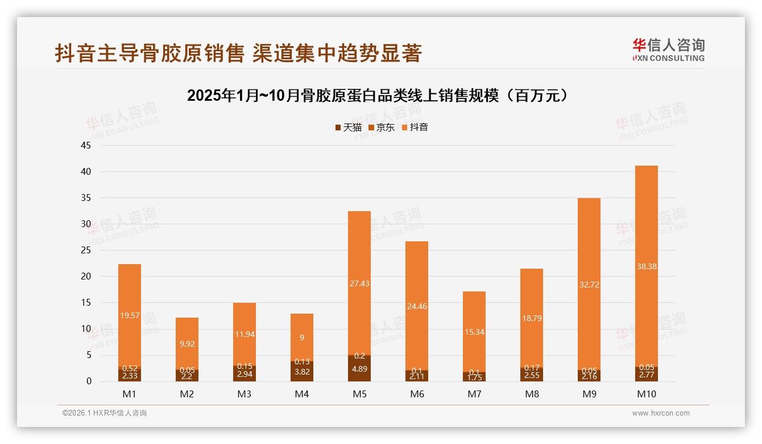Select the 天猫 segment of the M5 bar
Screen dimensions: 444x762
point(359,369)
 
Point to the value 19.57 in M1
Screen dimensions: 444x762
point(130,315)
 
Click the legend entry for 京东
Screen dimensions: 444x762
point(382,128)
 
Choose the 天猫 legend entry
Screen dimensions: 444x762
point(348,128)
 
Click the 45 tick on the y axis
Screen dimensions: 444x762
point(86,145)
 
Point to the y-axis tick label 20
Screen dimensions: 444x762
point(86,277)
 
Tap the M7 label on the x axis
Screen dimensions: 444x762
point(474,394)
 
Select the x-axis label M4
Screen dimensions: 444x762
point(302,394)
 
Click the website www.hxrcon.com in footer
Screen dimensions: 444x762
point(661,413)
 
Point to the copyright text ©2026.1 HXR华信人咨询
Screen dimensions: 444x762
point(105,413)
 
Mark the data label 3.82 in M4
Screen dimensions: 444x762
point(302,372)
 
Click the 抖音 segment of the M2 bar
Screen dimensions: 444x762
point(187,342)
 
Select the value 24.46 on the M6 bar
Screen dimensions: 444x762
point(417,306)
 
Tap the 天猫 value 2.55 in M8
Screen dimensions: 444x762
point(532,376)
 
